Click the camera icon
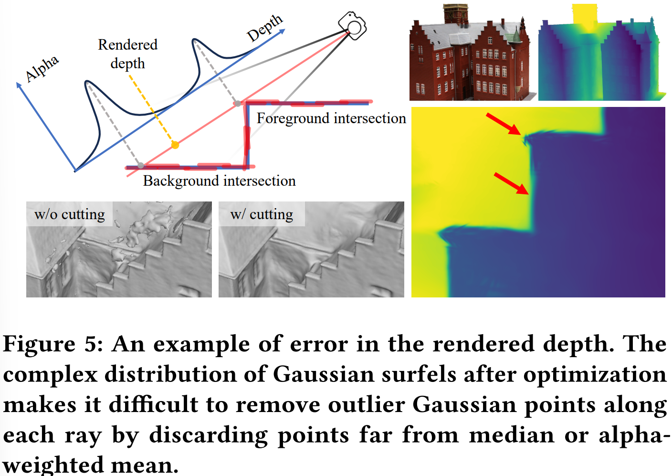pyautogui.click(x=352, y=26)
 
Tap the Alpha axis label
pyautogui.click(x=42, y=69)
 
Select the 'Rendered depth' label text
pyautogui.click(x=127, y=54)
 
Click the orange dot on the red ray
pyautogui.click(x=175, y=145)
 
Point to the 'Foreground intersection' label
pyautogui.click(x=331, y=118)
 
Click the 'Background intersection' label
pyautogui.click(x=219, y=181)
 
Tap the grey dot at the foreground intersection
pyautogui.click(x=238, y=104)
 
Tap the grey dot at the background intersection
pyautogui.click(x=140, y=165)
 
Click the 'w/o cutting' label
pyautogui.click(x=70, y=214)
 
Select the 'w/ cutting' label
pyautogui.click(x=262, y=214)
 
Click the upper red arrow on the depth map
pyautogui.click(x=504, y=124)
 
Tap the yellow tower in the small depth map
pyautogui.click(x=584, y=13)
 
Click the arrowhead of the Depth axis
pyautogui.click(x=282, y=31)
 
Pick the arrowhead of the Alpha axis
pyautogui.click(x=19, y=85)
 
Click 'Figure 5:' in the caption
pyautogui.click(x=53, y=344)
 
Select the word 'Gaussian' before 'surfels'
pyautogui.click(x=324, y=374)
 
